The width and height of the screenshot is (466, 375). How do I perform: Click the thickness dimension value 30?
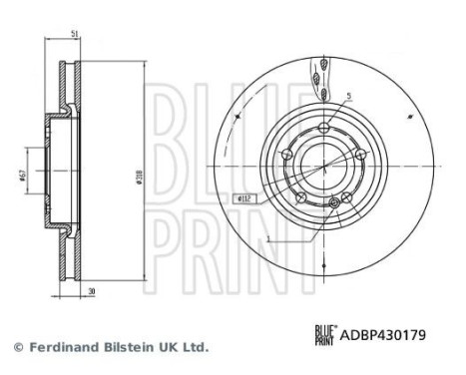[x=91, y=292]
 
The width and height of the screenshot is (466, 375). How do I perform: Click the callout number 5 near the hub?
[x=349, y=97]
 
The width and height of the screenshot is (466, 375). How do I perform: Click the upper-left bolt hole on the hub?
[x=285, y=155]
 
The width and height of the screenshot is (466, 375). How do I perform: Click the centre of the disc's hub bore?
[x=321, y=166]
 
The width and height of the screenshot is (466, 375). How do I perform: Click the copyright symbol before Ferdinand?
[x=18, y=347]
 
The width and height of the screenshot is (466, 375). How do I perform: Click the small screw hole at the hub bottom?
[x=332, y=204]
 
